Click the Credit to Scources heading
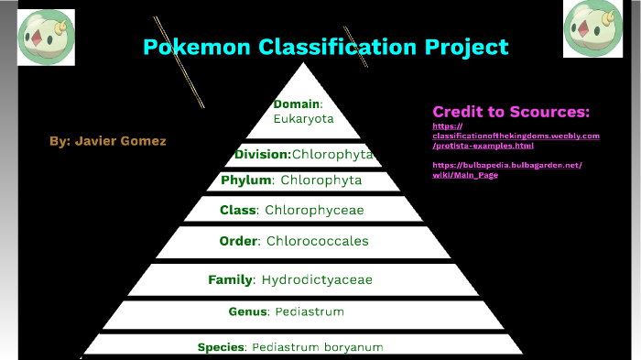point(511,112)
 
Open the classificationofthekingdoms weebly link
point(516,136)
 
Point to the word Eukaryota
point(303,119)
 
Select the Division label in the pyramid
point(262,155)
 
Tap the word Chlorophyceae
point(314,211)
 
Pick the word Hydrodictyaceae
point(317,279)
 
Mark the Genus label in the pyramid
point(247,312)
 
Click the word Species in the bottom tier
point(221,347)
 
